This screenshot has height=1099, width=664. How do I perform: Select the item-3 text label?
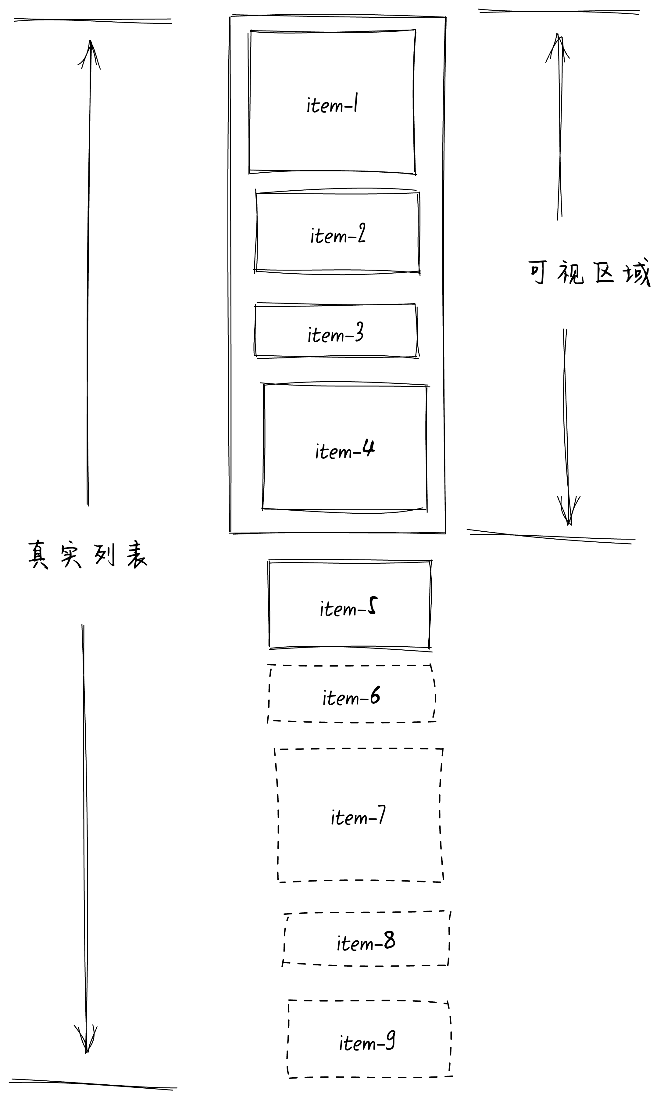tap(335, 334)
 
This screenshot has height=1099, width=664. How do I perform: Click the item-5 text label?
tap(348, 608)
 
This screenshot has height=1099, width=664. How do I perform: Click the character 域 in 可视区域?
tap(637, 273)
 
